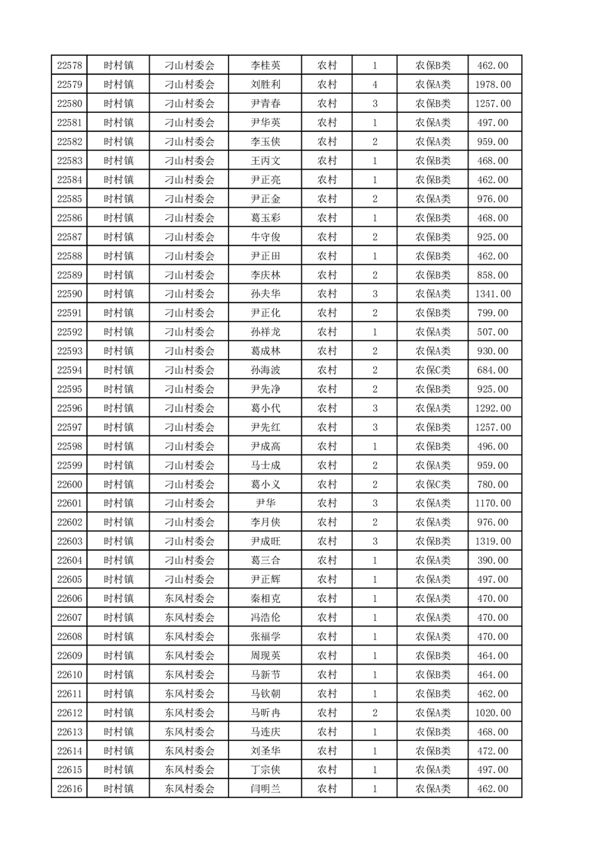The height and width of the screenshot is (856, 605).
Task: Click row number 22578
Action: pos(70,66)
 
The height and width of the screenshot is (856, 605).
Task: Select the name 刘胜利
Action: pos(265,85)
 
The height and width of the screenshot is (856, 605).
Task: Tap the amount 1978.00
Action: pos(492,85)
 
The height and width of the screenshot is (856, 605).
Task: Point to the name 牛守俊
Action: pos(265,237)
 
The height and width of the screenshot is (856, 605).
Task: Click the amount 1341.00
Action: pos(492,294)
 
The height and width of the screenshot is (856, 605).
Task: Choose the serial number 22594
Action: pos(70,370)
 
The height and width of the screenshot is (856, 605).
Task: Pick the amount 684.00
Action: pos(492,370)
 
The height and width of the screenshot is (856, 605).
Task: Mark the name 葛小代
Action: pos(265,408)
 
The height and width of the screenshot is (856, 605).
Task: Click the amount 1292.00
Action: pos(492,408)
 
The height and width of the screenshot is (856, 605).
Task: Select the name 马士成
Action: pos(265,465)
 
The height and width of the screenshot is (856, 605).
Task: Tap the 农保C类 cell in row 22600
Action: pos(433,484)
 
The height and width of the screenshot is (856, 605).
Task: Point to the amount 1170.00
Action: pos(492,504)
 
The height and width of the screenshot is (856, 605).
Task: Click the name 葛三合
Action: pos(265,560)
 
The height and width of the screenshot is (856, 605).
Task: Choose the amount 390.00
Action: pos(492,560)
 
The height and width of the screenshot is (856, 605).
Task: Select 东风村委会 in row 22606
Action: pos(190,598)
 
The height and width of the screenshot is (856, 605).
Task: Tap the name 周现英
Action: pos(265,655)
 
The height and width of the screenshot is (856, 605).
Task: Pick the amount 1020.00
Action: pos(492,713)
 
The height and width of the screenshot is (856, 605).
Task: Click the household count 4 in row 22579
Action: pos(375,85)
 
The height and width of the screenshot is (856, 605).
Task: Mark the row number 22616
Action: pos(70,789)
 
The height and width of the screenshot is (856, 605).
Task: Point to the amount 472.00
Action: pos(492,751)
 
